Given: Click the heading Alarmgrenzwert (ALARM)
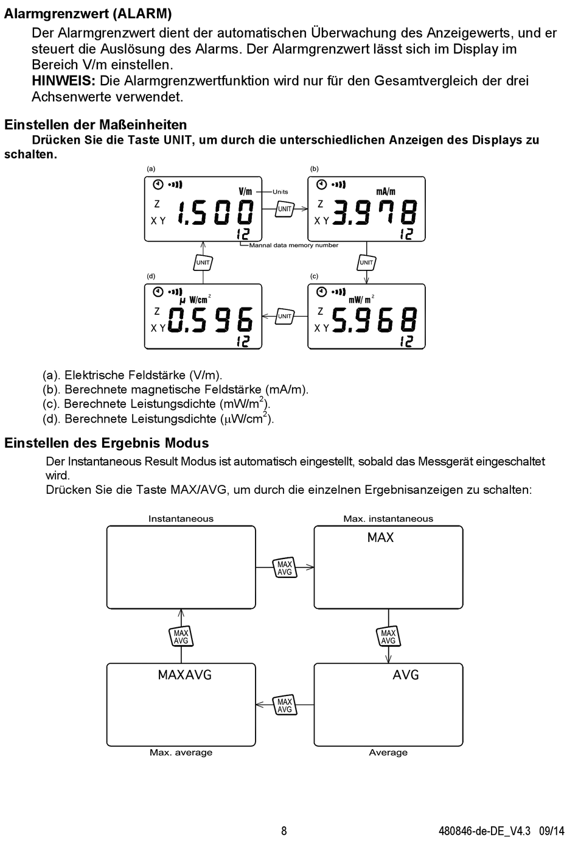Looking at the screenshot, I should click(88, 14).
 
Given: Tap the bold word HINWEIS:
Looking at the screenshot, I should click(63, 81).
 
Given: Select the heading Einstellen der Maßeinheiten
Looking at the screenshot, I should click(96, 125).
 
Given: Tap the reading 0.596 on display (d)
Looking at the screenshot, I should click(210, 320).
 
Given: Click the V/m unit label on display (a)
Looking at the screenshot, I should click(245, 191).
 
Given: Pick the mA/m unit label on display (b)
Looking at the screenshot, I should click(386, 191).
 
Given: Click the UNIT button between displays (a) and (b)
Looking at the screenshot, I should click(285, 209).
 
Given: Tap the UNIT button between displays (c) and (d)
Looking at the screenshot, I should click(285, 316).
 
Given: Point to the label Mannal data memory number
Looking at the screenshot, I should click(294, 245).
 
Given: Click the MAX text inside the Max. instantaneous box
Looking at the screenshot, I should click(380, 538).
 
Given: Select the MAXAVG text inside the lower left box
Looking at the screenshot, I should click(184, 675).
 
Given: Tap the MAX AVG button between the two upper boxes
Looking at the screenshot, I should click(285, 568).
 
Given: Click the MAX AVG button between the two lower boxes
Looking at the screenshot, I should click(285, 705).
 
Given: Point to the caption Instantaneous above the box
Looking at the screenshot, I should click(181, 519).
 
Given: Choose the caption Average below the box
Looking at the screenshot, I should click(388, 753).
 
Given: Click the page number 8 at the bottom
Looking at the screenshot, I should click(284, 831).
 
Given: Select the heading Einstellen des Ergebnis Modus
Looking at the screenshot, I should click(106, 443).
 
